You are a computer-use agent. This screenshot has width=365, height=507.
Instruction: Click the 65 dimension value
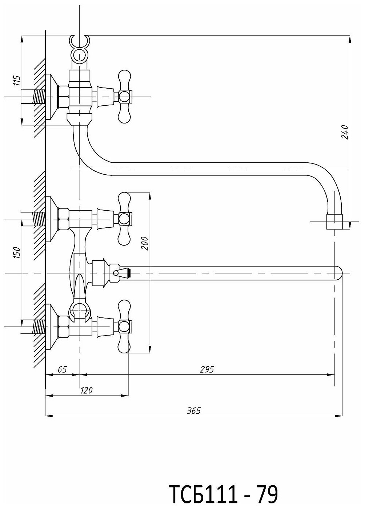coord(62,369)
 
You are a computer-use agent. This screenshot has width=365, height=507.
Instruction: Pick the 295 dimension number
coord(208,369)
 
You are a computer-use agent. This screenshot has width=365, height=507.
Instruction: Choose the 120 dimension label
coord(87,390)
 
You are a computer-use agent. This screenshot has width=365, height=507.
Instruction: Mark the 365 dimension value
coord(194,410)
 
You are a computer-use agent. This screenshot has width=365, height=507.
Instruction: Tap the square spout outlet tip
coord(334,221)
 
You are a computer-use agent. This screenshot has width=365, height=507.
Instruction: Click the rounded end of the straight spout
coord(338,273)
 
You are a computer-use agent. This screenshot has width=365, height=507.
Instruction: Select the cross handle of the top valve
coord(124,97)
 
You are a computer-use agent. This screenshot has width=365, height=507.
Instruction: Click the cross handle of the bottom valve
coord(124,326)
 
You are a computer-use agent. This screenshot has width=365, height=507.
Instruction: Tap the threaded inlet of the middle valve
coord(39,219)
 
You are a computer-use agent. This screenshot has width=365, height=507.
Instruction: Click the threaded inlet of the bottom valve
coord(39,326)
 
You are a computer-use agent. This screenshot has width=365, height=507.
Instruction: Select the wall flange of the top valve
coord(52,97)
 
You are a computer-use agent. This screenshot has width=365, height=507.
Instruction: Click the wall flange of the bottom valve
coord(52,326)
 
